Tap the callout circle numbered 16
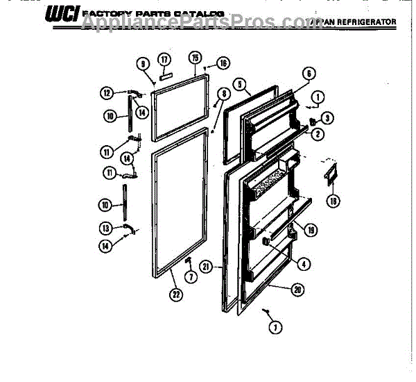click(223, 63)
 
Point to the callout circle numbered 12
click(107, 92)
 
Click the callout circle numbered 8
click(223, 94)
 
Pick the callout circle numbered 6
click(309, 72)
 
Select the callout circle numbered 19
click(311, 230)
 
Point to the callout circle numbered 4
click(302, 263)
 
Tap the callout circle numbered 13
click(105, 227)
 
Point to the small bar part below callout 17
click(166, 74)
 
